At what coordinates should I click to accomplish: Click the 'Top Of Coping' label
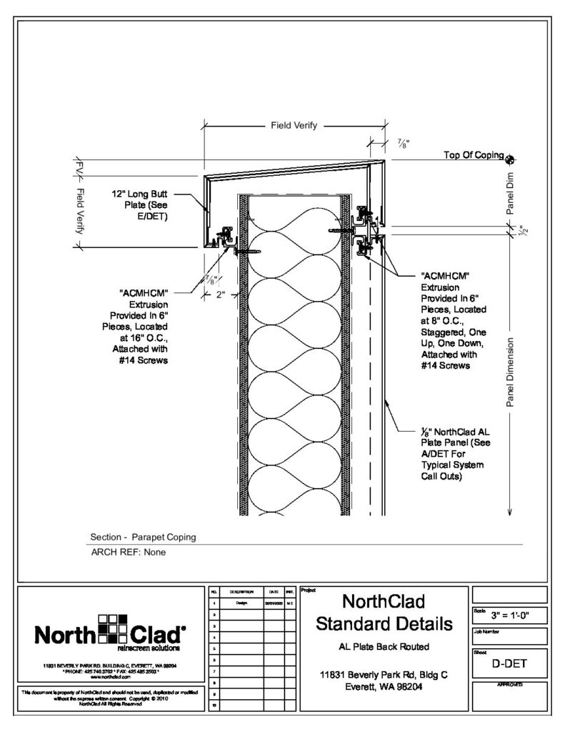tap(474, 154)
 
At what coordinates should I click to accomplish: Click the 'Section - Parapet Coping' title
tap(143, 537)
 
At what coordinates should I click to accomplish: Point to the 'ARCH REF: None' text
tap(128, 552)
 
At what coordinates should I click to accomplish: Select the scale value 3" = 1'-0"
tap(509, 615)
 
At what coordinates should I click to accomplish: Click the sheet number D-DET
tap(509, 663)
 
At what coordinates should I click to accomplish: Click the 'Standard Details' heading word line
tap(384, 623)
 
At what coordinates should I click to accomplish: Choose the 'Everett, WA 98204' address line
tap(384, 686)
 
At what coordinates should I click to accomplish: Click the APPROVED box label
tap(509, 685)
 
